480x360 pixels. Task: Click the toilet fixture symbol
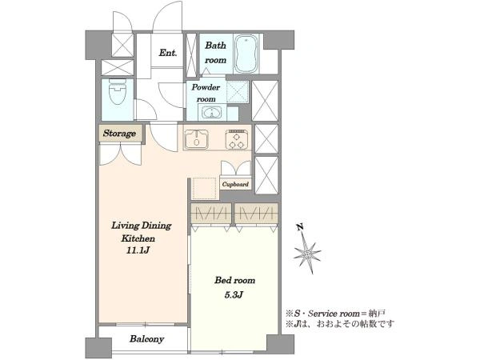pyautogui.click(x=118, y=91)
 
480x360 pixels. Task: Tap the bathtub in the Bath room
pyautogui.click(x=246, y=54)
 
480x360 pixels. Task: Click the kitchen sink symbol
pyautogui.click(x=197, y=139)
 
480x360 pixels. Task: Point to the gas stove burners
pyautogui.click(x=238, y=139)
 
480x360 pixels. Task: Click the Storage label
pyautogui.click(x=119, y=133)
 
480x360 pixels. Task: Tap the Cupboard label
pyautogui.click(x=235, y=184)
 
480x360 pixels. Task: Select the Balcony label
pyautogui.click(x=146, y=339)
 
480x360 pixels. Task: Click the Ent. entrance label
pyautogui.click(x=168, y=53)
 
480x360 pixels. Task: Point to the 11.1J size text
pyautogui.click(x=138, y=250)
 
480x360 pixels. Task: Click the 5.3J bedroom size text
pyautogui.click(x=234, y=294)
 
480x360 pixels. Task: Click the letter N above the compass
pyautogui.click(x=300, y=227)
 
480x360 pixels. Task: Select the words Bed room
pyautogui.click(x=234, y=280)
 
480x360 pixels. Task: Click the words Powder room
pyautogui.click(x=206, y=93)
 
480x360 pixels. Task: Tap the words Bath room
pyautogui.click(x=215, y=53)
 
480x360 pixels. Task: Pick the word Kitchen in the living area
pyautogui.click(x=138, y=238)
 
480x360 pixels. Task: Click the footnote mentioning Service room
pyautogui.click(x=335, y=314)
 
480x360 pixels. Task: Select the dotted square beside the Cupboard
pyautogui.click(x=204, y=188)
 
